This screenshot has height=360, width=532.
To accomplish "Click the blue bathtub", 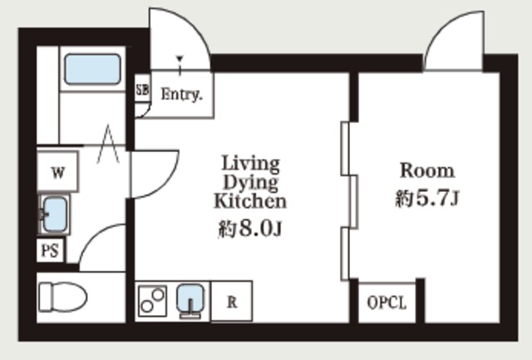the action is [x=92, y=69].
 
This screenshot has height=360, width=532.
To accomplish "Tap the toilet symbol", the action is [x=63, y=298].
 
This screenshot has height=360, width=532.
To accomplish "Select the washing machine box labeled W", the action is [x=57, y=172].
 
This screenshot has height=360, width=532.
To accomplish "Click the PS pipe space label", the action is [x=50, y=251].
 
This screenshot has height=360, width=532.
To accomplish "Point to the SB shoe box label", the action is [x=142, y=90].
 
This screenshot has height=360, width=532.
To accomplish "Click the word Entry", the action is [x=181, y=94].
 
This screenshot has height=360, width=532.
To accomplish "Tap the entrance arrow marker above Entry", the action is [x=180, y=63].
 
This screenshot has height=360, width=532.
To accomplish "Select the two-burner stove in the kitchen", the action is [x=153, y=301].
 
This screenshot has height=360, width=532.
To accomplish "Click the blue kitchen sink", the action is [x=190, y=298].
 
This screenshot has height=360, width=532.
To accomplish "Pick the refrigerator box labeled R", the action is [x=232, y=301].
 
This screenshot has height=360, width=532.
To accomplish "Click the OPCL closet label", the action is [x=387, y=303].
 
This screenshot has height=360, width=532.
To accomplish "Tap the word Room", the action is [x=427, y=170].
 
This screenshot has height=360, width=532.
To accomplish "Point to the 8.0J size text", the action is [x=260, y=229].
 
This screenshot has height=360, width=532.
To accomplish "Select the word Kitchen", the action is [x=250, y=200].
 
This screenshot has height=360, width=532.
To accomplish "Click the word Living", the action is [x=251, y=165].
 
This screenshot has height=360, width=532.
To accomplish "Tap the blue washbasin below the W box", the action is [x=55, y=215].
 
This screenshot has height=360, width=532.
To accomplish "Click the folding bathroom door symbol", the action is [x=108, y=144].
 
